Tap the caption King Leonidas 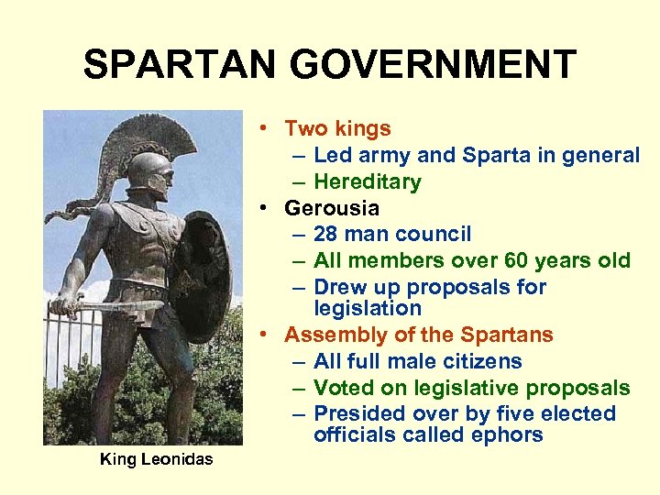click(x=156, y=459)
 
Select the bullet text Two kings click(x=337, y=129)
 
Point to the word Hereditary click(x=367, y=181)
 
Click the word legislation click(x=367, y=308)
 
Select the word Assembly click(x=329, y=335)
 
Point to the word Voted click(x=341, y=388)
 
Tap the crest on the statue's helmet click(x=174, y=147)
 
